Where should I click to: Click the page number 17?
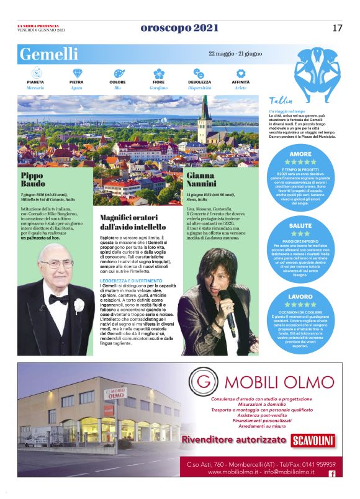(x=337, y=28)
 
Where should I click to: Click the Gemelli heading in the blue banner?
(x=49, y=54)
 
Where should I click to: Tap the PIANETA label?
(x=35, y=82)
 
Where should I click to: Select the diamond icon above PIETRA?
(x=77, y=73)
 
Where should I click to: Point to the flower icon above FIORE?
(x=160, y=73)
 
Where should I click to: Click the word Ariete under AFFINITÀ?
(x=241, y=88)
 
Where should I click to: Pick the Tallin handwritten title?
(x=281, y=101)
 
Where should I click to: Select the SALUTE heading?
(x=300, y=225)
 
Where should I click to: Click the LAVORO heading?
(x=300, y=296)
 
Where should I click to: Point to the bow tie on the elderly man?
(x=59, y=299)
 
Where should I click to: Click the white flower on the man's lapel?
(x=79, y=305)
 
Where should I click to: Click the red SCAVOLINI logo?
(x=313, y=441)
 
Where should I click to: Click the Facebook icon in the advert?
(x=331, y=474)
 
